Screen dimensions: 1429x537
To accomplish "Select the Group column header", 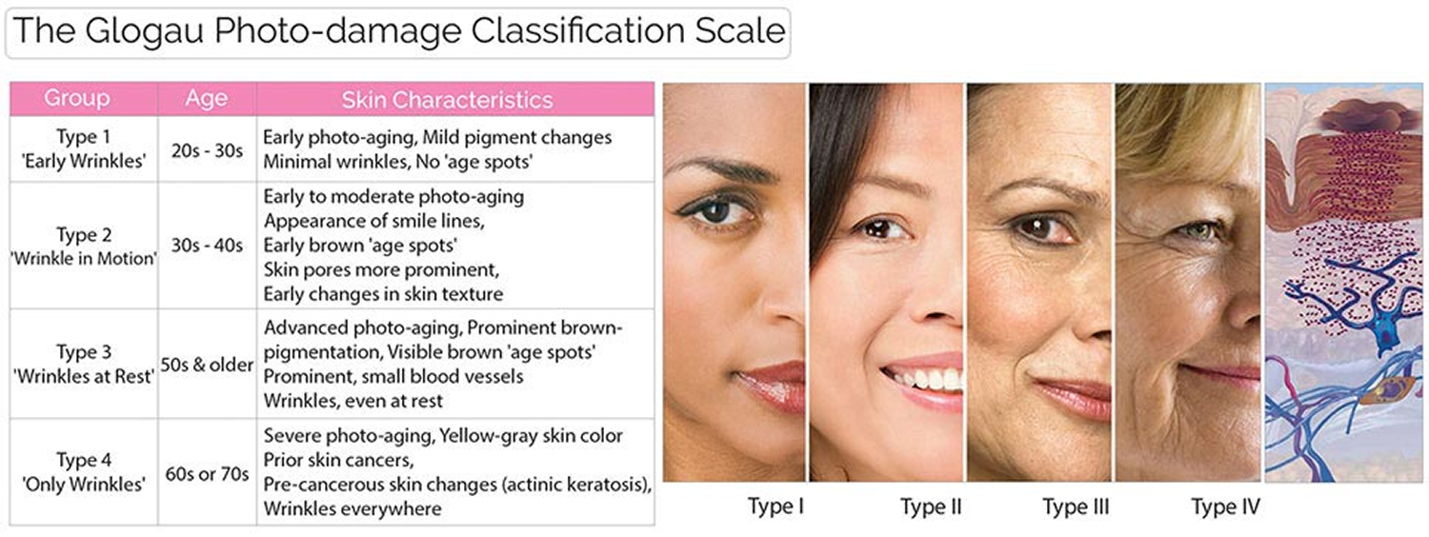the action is coord(76,98).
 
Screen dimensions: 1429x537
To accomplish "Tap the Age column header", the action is coord(207,99).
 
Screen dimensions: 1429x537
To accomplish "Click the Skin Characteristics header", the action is coord(447,99).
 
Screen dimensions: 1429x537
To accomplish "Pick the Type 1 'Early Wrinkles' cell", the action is coord(84,149).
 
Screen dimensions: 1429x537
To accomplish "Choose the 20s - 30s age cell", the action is coord(207,150).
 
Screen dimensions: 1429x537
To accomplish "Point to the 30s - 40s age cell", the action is coord(207,245).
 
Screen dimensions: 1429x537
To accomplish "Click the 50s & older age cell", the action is coord(207,364).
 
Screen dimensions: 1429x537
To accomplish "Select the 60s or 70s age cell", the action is coord(207,474).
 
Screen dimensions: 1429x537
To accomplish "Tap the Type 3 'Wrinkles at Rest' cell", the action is coord(84,364).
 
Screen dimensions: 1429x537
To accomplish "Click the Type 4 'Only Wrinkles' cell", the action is coord(84,472).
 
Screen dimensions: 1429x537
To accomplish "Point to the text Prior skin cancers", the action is coord(339,460).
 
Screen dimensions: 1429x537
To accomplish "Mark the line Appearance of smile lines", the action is coord(374,221).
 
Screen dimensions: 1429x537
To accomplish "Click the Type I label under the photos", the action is coord(775,507).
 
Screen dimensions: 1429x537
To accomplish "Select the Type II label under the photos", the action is coord(931,507).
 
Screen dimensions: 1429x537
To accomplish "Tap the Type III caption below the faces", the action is coord(1077,507).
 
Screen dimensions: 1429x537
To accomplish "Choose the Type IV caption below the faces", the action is coord(1225,507).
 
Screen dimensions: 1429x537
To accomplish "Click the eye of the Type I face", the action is coord(715,211).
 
